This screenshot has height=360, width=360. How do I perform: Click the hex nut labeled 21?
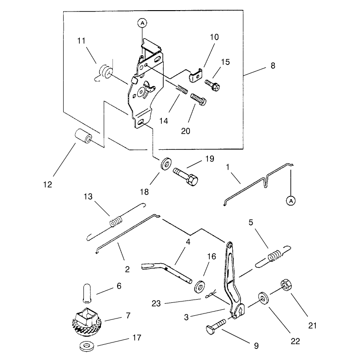tap(286, 285)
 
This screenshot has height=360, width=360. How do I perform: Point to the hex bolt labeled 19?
tap(185, 177)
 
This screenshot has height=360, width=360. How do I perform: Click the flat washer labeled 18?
tap(166, 164)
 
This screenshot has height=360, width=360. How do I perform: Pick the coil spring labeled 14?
tap(182, 89)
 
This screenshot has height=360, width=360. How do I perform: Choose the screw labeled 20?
tap(198, 99)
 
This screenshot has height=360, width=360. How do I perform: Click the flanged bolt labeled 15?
tap(212, 84)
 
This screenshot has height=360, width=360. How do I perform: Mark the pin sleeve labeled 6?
tap(87, 293)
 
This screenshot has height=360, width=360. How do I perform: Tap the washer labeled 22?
tap(263, 299)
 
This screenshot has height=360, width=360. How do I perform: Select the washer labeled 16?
tap(200, 286)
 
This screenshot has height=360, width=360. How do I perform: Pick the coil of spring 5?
tap(274, 255)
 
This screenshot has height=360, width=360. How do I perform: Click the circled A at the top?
tap(142, 23)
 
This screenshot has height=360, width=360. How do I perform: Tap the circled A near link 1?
tap(291, 201)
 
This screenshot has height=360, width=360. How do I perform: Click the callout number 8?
tap(273, 65)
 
